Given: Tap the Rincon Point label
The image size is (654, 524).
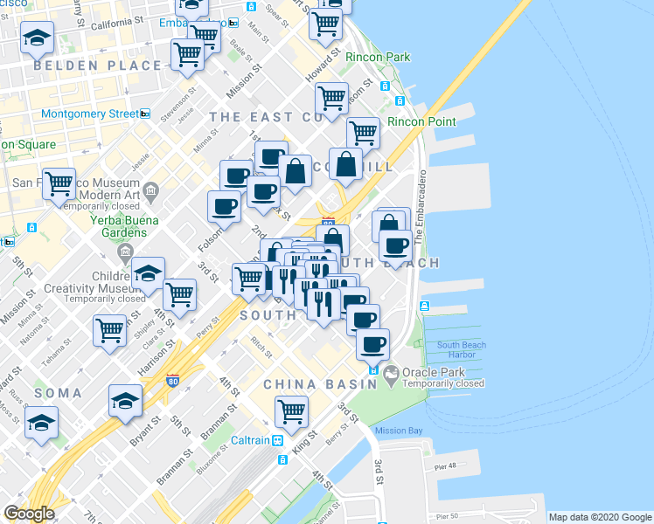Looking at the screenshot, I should click(421, 121).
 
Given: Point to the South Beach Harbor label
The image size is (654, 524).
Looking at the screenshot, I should click(462, 350).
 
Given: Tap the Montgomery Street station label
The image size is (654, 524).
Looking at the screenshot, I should click(89, 114).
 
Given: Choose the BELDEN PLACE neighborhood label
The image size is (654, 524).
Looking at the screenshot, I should click(97, 65).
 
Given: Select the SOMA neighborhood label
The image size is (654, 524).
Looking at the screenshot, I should click(58, 394).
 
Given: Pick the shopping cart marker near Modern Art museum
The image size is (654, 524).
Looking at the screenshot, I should click(59, 183).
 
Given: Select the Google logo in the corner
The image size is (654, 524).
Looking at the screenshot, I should click(29, 514).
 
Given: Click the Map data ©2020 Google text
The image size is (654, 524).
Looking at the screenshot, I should click(600, 516).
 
